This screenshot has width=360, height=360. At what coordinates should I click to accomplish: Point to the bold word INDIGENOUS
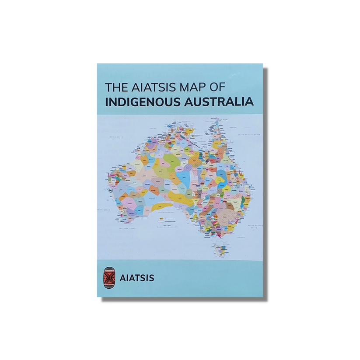(144, 102)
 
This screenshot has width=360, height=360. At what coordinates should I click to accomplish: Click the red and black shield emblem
(107, 277)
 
